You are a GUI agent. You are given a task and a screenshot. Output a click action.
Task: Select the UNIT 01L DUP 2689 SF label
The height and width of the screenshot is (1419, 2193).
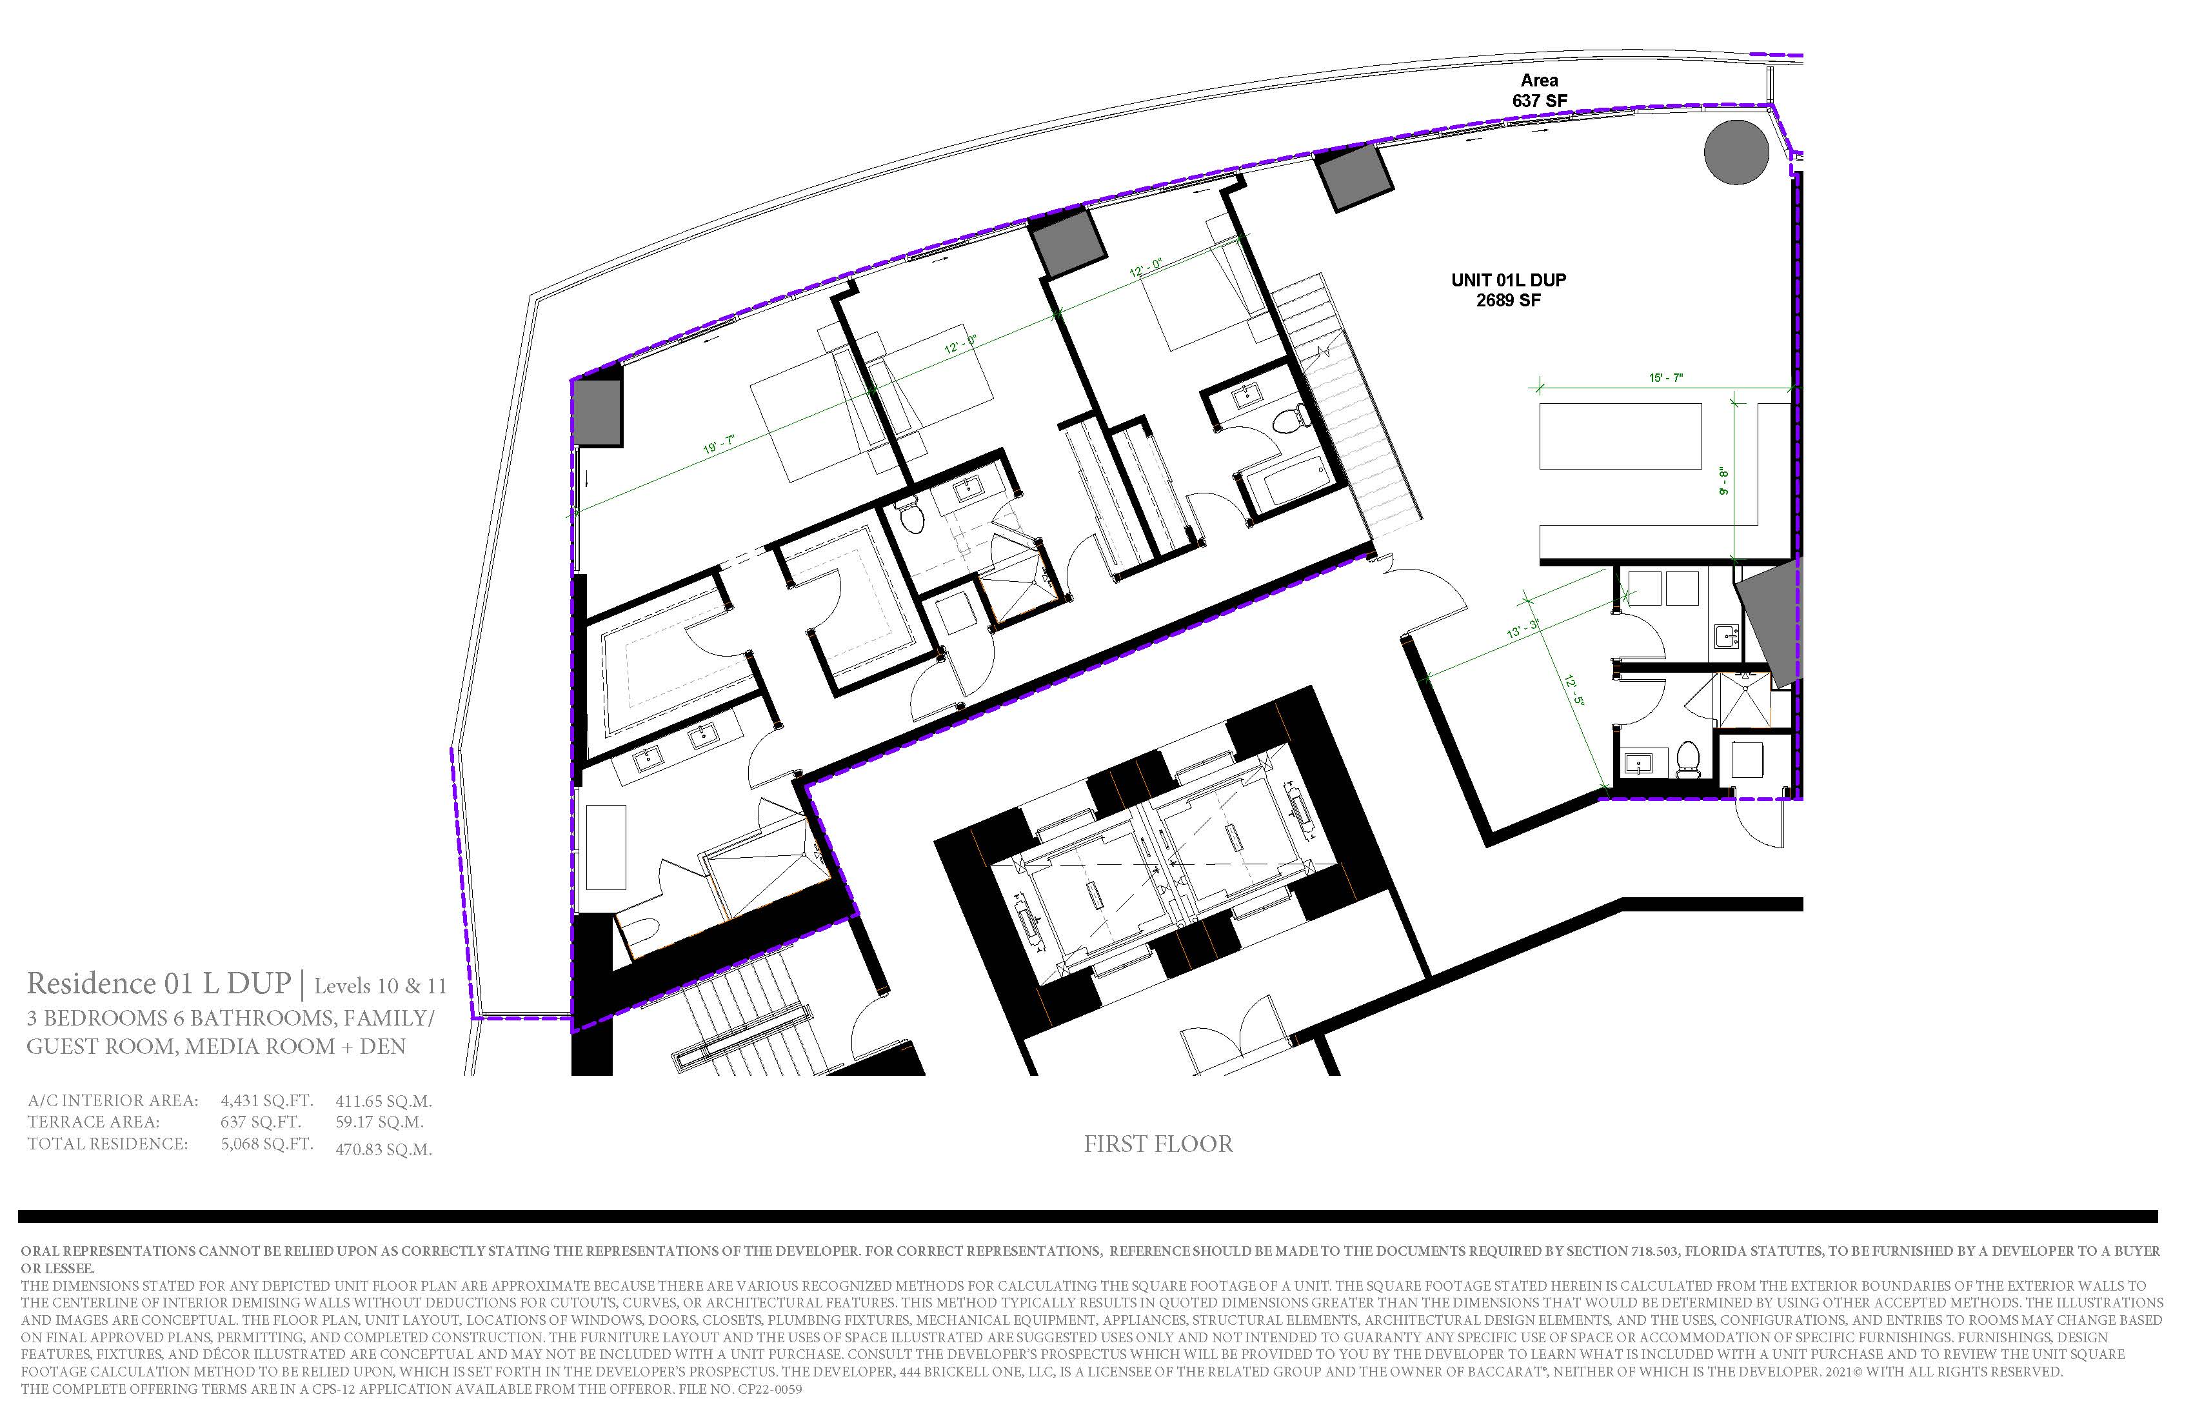(1509, 290)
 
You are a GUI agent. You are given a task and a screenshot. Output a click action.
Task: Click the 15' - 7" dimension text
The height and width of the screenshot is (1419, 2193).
(1666, 378)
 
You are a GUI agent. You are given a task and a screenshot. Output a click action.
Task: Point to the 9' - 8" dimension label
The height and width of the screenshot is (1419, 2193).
(1723, 481)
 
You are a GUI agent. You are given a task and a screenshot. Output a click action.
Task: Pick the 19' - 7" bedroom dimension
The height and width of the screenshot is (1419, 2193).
(719, 444)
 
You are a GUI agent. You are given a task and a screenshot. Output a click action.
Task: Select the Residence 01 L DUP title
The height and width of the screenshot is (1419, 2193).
(159, 984)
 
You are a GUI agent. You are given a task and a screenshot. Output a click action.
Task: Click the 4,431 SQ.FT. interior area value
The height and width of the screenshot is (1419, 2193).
(267, 1101)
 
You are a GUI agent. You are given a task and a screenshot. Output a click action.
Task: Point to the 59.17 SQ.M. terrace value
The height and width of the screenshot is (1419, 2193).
(380, 1122)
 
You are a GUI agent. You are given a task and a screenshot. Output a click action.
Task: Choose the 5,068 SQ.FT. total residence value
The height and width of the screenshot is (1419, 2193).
(267, 1144)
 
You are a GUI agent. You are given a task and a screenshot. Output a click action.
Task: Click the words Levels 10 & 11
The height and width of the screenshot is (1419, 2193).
(380, 987)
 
